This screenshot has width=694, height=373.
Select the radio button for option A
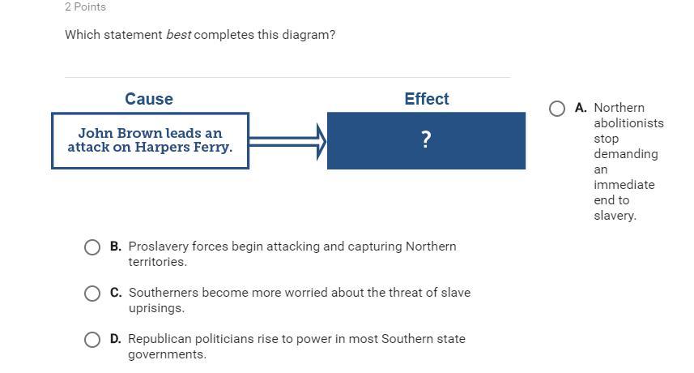click(557, 109)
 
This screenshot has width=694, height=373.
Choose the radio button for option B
click(92, 247)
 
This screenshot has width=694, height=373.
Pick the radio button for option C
click(92, 294)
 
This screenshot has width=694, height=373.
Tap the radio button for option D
click(92, 340)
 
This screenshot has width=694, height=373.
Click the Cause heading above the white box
click(149, 99)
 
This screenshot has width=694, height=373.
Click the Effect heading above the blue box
click(427, 99)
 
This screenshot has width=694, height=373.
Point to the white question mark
click(426, 139)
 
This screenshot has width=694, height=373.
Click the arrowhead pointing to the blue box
click(321, 141)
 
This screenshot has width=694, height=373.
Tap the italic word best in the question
click(178, 35)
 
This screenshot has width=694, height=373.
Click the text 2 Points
click(85, 7)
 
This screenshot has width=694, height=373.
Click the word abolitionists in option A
click(629, 123)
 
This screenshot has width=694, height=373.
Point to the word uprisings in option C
click(156, 308)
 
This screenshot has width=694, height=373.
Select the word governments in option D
click(167, 354)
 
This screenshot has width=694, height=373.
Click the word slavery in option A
click(615, 216)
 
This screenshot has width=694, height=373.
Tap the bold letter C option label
click(116, 293)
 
